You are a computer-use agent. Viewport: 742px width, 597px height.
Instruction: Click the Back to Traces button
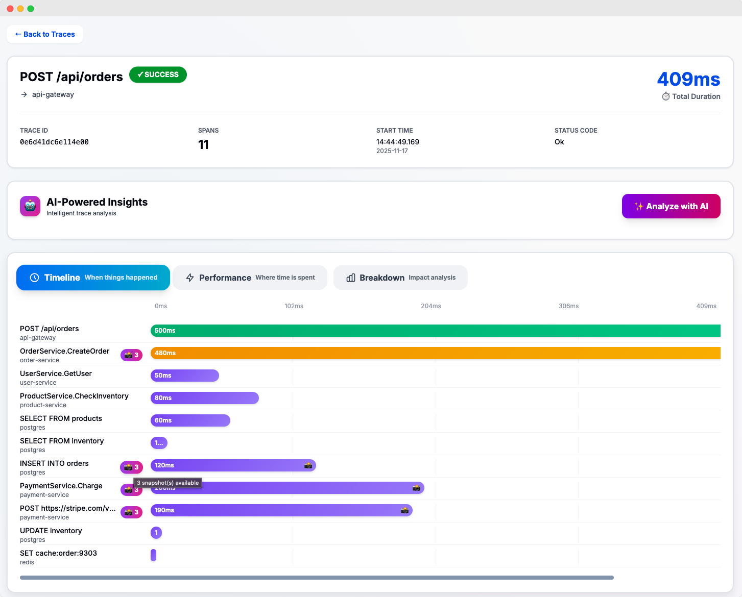45,34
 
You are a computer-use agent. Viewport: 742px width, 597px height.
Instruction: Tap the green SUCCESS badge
158,74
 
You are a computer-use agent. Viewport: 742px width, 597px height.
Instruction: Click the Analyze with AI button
671,206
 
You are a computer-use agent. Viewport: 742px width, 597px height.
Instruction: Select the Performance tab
250,278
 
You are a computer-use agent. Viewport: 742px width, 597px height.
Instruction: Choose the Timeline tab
93,278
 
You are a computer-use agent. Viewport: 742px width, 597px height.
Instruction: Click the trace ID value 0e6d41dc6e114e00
54,142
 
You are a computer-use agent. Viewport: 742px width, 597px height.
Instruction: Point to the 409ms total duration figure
688,79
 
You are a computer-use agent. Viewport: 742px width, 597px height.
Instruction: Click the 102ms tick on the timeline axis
294,306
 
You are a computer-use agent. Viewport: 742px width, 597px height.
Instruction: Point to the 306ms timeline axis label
568,306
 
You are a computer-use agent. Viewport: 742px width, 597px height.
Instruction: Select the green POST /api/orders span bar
435,331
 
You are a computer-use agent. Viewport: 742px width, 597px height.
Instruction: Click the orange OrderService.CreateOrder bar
435,353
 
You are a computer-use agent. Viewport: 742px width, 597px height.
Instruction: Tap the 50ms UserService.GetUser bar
185,376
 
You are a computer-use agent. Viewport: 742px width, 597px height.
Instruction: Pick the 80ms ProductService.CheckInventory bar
205,398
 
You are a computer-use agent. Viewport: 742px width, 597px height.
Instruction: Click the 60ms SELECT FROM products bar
190,420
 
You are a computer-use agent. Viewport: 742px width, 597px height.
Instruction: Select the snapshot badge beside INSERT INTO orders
131,467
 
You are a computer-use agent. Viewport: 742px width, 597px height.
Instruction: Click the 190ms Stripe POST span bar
281,510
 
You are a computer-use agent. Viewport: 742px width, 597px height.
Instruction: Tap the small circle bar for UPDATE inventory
156,533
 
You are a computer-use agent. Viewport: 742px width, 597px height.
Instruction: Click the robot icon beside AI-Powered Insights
30,206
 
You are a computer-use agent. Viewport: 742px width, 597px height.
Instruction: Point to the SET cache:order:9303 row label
58,553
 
